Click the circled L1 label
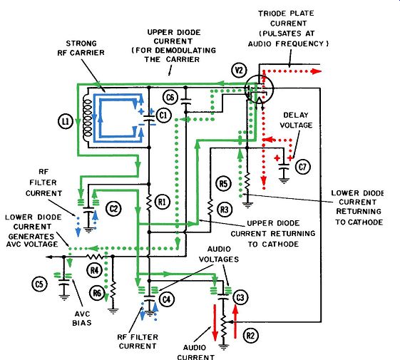[x=66, y=121]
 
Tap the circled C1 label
[x=163, y=115]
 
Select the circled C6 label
[x=170, y=97]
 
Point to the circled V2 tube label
[x=239, y=70]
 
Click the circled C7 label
[x=302, y=167]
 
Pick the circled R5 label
[x=223, y=184]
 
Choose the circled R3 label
[x=225, y=210]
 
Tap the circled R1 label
[x=162, y=202]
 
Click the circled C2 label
[x=113, y=209]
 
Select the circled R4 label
[x=94, y=270]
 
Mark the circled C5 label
[x=39, y=284]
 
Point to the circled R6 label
[x=97, y=293]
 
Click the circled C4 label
[x=167, y=299]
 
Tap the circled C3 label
[x=240, y=297]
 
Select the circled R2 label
[x=250, y=336]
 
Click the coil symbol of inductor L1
[x=88, y=118]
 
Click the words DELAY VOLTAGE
[x=296, y=120]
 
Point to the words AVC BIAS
[x=82, y=319]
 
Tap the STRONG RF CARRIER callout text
[x=81, y=48]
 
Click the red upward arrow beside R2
[x=235, y=322]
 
